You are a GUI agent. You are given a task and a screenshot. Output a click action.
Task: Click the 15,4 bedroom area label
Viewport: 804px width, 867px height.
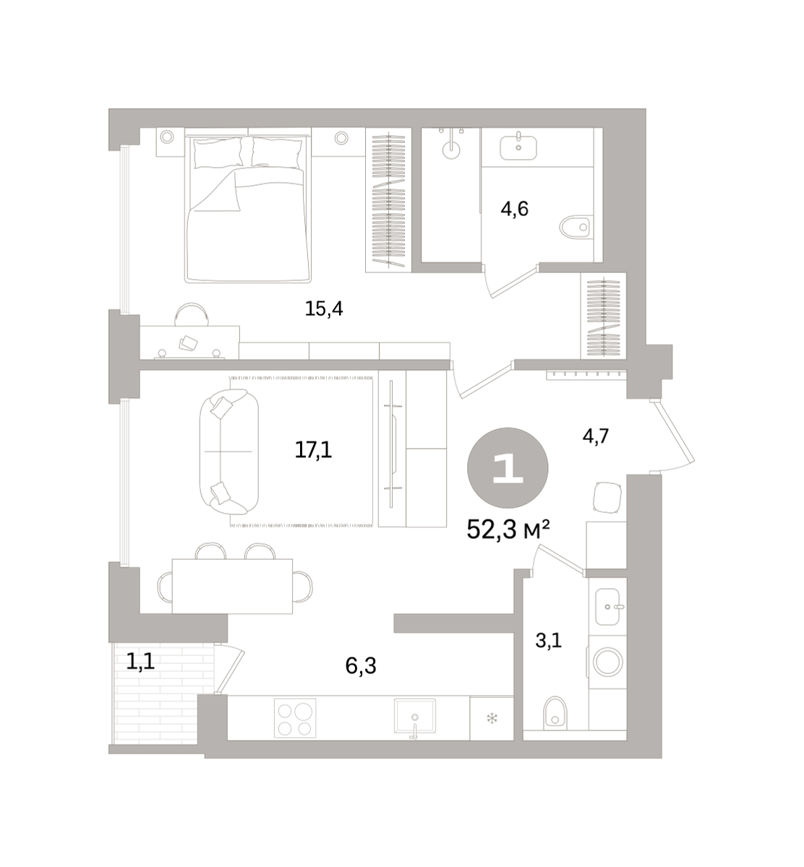[323, 309]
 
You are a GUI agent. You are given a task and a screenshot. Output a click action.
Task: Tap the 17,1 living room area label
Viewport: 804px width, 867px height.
[313, 449]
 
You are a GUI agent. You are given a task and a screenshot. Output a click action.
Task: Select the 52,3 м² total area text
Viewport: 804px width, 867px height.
[508, 530]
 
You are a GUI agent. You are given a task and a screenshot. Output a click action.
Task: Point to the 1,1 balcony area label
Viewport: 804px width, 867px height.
[140, 662]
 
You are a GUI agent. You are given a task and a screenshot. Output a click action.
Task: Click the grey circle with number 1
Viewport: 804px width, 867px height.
[508, 467]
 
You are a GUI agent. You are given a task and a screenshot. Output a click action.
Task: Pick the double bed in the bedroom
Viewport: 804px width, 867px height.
[248, 209]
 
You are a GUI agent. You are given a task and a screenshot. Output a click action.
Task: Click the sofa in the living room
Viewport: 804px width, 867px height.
[229, 451]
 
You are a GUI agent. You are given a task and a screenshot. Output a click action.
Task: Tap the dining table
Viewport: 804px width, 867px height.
[232, 586]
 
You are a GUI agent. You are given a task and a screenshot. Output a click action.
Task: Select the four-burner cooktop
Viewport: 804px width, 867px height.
[295, 718]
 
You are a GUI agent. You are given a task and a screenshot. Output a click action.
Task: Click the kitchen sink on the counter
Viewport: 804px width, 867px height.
[415, 717]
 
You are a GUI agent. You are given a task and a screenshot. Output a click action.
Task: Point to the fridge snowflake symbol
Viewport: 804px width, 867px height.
[492, 718]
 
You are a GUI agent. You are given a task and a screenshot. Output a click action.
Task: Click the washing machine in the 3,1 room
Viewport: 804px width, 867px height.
[607, 663]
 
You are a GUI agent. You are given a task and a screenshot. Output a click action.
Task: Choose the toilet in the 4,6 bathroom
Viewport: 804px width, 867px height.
[576, 227]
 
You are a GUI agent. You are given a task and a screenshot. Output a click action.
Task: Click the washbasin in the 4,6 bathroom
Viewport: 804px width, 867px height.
[518, 147]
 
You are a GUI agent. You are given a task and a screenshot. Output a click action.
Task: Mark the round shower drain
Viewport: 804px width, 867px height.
[451, 150]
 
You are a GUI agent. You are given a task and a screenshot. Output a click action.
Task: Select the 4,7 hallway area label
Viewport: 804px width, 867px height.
[596, 436]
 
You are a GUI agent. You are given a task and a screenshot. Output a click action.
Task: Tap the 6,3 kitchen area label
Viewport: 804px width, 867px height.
[361, 666]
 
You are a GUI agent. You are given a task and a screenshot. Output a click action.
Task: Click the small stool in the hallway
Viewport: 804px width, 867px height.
[607, 497]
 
